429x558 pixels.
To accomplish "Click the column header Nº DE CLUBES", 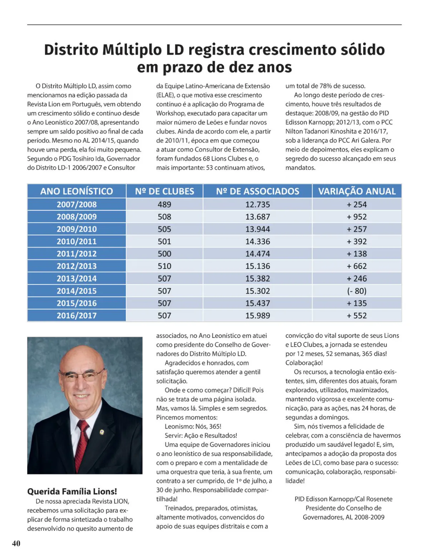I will click(x=164, y=191).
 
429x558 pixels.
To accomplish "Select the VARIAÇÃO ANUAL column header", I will click(x=357, y=191).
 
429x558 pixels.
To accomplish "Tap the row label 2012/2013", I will click(x=77, y=266).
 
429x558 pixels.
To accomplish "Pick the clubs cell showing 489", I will click(x=164, y=204).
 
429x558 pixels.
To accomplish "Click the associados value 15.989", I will click(x=257, y=315).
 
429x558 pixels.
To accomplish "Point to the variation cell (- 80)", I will click(x=357, y=291).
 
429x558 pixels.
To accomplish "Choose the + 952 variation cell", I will click(x=357, y=217).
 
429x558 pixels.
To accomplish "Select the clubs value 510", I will click(x=164, y=266).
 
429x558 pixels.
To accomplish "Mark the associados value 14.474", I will click(x=257, y=254).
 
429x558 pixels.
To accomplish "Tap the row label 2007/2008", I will click(x=77, y=204).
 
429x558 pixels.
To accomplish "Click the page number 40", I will click(x=16, y=543).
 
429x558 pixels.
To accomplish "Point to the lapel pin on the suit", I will click(x=102, y=432).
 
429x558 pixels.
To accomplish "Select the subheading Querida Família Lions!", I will click(x=72, y=491).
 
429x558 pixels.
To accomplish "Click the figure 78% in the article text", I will click(x=325, y=86).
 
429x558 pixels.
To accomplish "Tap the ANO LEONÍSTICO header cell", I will click(x=77, y=191).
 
